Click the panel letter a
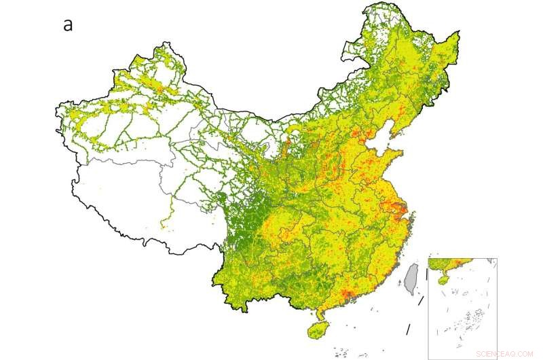click(x=68, y=25)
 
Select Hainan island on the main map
click(x=317, y=331)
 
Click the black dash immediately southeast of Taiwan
click(x=421, y=298)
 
